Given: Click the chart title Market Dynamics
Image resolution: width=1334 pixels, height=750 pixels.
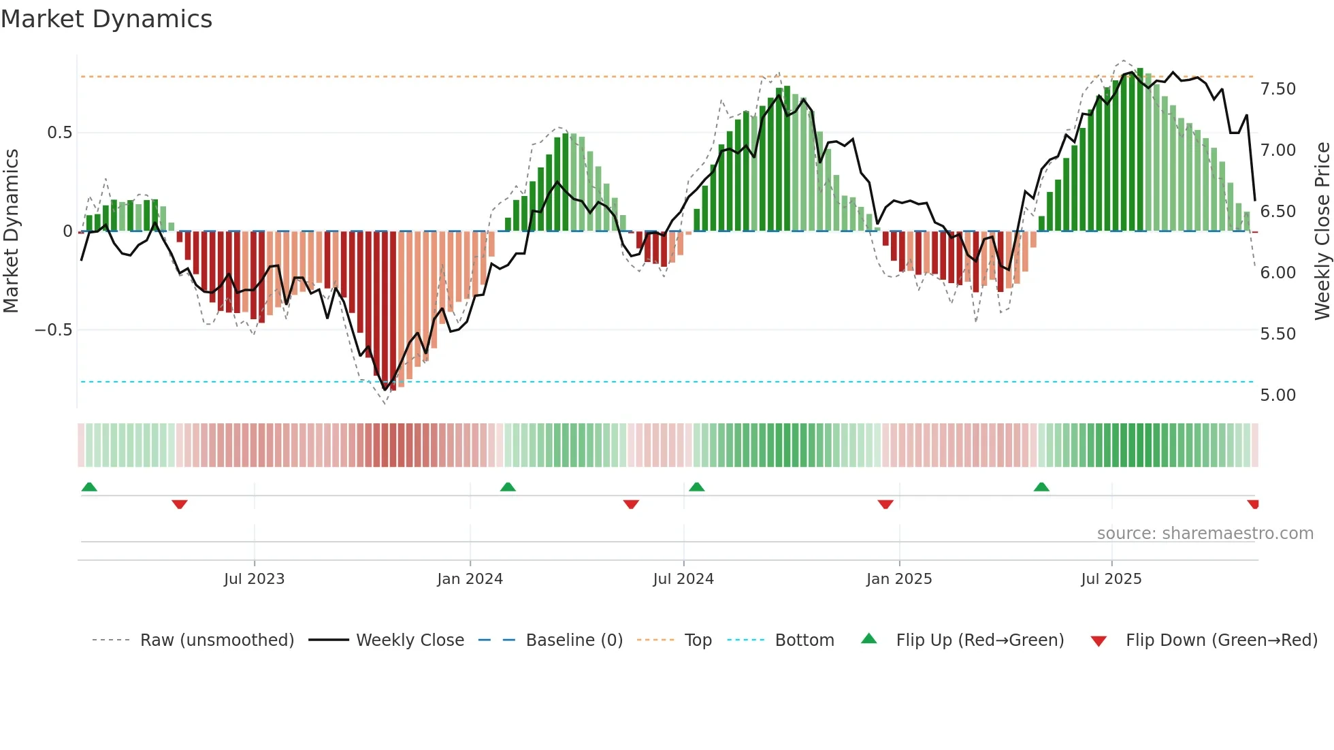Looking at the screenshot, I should pyautogui.click(x=106, y=19).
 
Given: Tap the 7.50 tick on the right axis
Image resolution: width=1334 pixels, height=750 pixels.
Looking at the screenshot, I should pyautogui.click(x=1278, y=89).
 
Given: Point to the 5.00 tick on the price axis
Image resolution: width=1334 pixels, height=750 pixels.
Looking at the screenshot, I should pyautogui.click(x=1278, y=395).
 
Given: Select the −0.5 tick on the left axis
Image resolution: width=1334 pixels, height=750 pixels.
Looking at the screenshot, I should pyautogui.click(x=53, y=330).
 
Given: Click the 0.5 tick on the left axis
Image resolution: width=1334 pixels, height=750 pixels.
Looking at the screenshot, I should pyautogui.click(x=59, y=133).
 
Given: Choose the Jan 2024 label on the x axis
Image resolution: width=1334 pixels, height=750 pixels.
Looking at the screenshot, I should pyautogui.click(x=470, y=579).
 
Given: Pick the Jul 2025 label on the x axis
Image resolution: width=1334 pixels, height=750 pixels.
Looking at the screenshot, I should pyautogui.click(x=1111, y=579).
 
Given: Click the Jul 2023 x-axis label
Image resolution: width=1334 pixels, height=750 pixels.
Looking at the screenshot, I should pyautogui.click(x=254, y=579).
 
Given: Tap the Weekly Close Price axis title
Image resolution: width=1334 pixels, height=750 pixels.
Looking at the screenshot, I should pyautogui.click(x=1322, y=231).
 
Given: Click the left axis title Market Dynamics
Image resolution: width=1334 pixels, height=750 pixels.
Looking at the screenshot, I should pyautogui.click(x=11, y=231).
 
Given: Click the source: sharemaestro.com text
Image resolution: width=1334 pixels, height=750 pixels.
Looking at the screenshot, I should pyautogui.click(x=1205, y=534).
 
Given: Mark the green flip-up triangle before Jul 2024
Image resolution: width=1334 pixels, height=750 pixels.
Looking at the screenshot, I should pyautogui.click(x=696, y=487).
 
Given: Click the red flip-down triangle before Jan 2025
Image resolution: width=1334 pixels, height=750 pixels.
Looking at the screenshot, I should pyautogui.click(x=885, y=504).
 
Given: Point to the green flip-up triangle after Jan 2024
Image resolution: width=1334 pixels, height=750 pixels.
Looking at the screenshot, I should pyautogui.click(x=508, y=487).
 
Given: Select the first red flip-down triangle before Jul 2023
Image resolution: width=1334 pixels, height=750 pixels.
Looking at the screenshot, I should pyautogui.click(x=180, y=504).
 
